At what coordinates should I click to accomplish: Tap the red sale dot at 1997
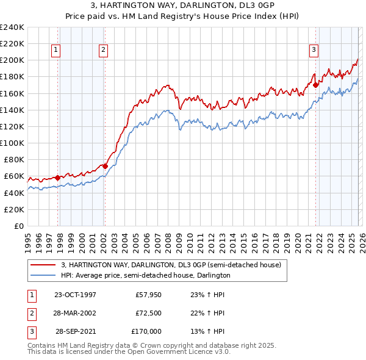(58, 178)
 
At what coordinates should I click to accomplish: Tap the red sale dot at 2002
(105, 165)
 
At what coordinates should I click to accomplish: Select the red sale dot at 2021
(316, 85)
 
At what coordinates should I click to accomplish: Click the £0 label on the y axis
(18, 226)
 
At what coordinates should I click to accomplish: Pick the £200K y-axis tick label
(12, 60)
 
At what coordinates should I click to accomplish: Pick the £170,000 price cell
(146, 331)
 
